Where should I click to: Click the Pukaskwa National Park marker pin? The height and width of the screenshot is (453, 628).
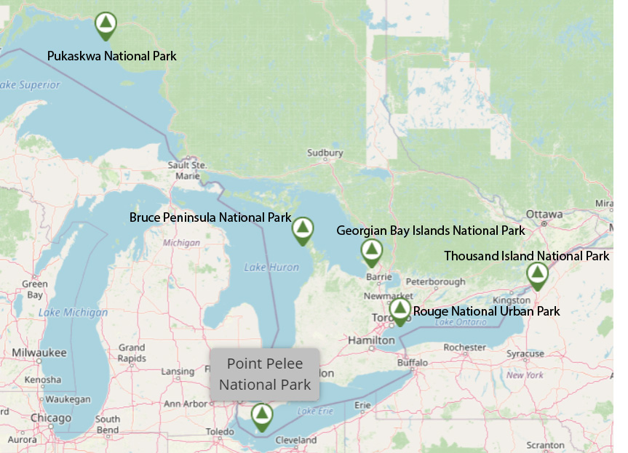106,25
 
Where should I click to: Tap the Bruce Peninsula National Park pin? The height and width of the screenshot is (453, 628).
302,229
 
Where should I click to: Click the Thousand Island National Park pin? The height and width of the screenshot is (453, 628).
537,275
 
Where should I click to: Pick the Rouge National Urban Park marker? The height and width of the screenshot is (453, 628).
400,310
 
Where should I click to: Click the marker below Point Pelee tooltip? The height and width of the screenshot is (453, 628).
261,415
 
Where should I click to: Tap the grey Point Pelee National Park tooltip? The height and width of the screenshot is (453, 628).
265,374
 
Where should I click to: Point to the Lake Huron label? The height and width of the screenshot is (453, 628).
271,268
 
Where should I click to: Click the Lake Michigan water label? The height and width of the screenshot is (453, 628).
73,313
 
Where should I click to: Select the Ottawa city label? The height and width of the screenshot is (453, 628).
544,215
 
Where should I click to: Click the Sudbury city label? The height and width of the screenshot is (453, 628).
325,153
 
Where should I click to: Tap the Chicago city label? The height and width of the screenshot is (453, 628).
52,418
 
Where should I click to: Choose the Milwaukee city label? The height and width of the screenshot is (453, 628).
39,353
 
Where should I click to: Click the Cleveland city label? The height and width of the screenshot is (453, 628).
296,440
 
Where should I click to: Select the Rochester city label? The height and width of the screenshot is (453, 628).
464,348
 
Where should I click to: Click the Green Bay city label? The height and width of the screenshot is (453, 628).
34,289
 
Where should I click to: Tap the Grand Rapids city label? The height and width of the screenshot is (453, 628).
132,353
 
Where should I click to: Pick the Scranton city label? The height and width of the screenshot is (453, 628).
545,445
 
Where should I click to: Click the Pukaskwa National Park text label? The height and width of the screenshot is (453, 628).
111,56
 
